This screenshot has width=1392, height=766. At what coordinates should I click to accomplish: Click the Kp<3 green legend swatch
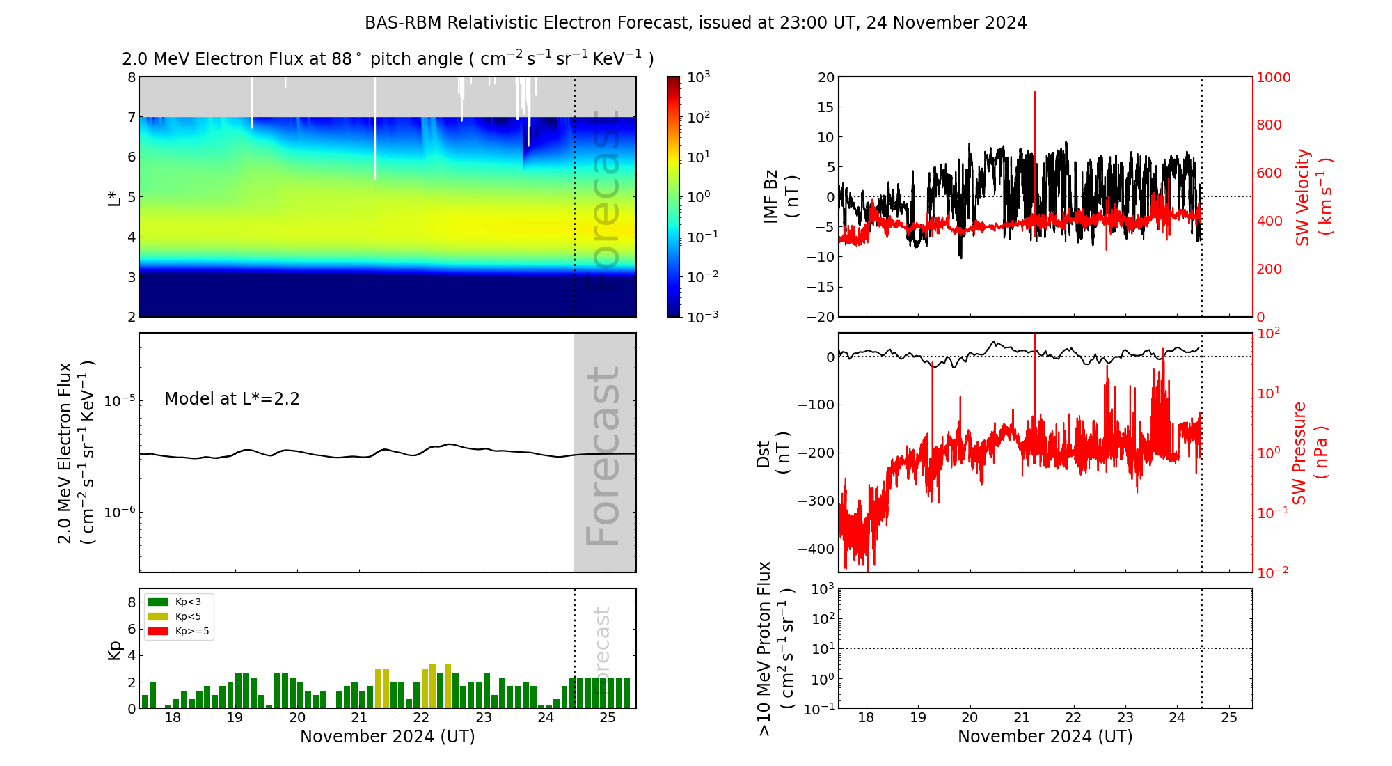(158, 602)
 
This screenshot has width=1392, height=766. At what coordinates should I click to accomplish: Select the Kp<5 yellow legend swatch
(158, 616)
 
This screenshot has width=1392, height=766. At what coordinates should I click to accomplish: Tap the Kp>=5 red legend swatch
(158, 632)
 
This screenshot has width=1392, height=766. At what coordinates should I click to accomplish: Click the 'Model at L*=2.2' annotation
(232, 399)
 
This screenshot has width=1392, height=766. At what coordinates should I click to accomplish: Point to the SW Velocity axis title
(1313, 197)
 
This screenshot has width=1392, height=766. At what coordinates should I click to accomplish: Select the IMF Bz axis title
(781, 197)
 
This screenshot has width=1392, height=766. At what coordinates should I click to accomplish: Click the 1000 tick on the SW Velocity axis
(1273, 77)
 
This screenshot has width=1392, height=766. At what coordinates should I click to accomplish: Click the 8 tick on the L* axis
(131, 77)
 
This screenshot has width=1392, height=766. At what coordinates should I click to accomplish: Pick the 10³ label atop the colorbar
(699, 77)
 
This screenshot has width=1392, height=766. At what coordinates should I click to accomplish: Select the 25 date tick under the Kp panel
(608, 718)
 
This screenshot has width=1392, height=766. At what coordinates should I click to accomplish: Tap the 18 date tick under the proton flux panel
(866, 718)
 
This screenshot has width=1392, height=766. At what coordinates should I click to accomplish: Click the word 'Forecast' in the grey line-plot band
(603, 456)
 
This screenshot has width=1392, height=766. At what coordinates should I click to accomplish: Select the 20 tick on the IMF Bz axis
(826, 77)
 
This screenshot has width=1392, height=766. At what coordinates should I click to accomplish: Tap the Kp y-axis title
(115, 650)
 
